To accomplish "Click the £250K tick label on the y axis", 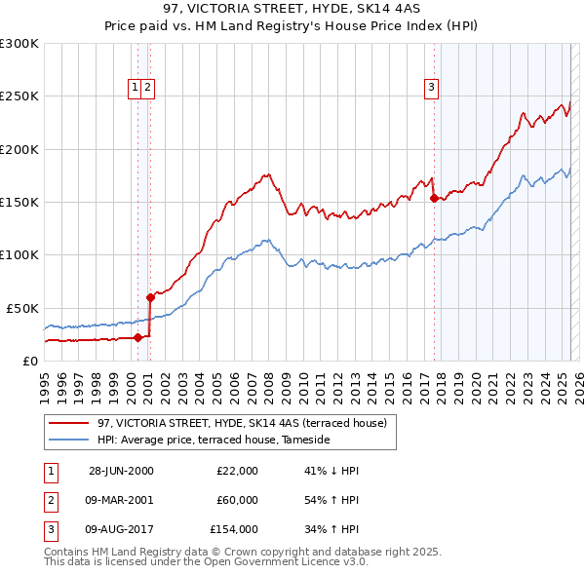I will tap(19, 96).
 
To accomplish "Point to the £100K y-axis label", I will tap(19, 254).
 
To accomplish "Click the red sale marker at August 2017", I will tap(433, 198).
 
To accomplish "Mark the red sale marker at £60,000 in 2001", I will tap(150, 297).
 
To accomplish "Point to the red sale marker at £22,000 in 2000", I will tap(138, 337).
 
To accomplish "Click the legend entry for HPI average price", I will tap(214, 440).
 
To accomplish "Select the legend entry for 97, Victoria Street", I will tap(242, 423).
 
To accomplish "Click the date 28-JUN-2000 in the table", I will tap(121, 471).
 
